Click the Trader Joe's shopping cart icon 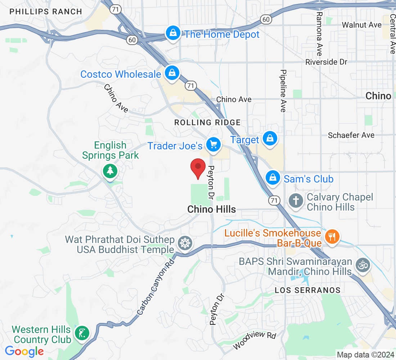click(213, 145)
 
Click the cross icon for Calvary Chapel click(296, 200)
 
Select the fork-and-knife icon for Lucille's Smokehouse click(330, 237)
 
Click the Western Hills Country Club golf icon click(82, 333)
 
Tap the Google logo click(24, 351)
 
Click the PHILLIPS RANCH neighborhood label click(46, 12)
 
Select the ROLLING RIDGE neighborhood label click(207, 122)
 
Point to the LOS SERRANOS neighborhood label click(307, 290)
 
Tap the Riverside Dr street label click(326, 62)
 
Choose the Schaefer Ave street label click(351, 135)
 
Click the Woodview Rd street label click(255, 341)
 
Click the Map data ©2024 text click(365, 354)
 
